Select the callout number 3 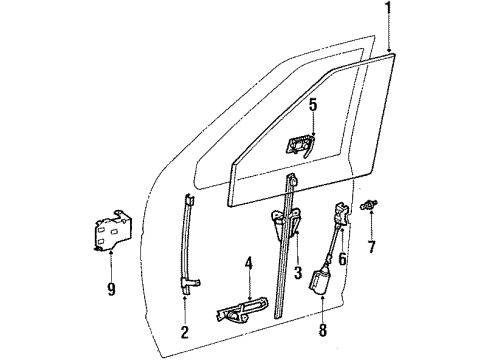tap(297, 271)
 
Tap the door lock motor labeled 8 tap(323, 283)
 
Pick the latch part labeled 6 tap(342, 214)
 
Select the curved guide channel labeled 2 tap(186, 240)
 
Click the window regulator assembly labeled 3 tap(289, 240)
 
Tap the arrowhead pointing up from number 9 tap(109, 257)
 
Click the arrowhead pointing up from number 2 tap(185, 297)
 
